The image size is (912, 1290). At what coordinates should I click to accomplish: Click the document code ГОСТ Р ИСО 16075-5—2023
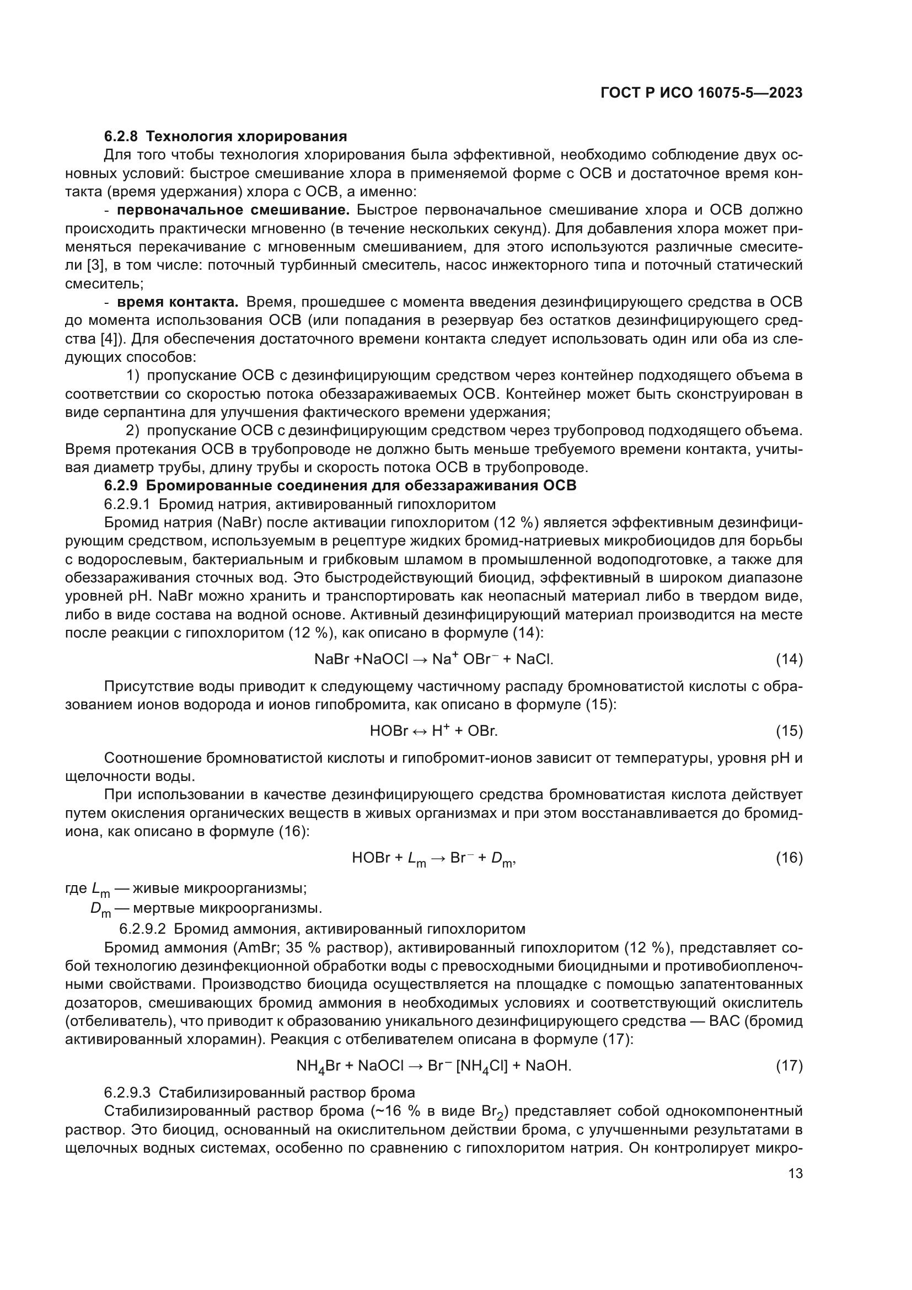pos(701,93)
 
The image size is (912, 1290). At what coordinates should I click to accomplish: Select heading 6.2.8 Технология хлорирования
pos(225,137)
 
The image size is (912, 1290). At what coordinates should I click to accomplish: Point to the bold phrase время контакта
pos(178,302)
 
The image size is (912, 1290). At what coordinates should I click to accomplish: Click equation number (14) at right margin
pos(789,660)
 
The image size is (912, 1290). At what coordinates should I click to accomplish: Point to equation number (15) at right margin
pos(789,731)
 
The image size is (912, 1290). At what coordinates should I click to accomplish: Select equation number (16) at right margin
pos(789,858)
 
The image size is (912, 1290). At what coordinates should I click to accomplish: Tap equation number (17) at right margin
pos(789,1066)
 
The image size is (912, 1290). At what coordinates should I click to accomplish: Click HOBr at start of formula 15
pos(389,731)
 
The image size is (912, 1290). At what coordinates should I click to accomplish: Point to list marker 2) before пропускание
pos(132,431)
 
